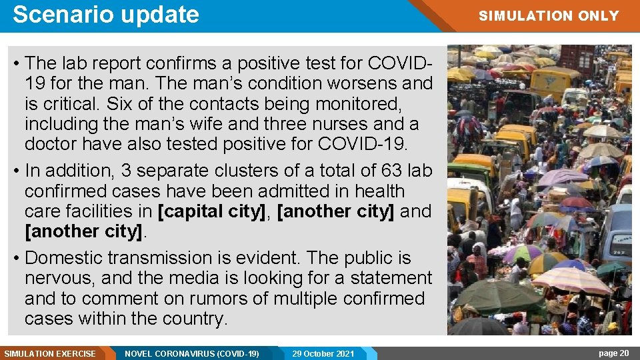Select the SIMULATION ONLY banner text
click(549, 15)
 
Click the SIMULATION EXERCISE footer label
click(50, 353)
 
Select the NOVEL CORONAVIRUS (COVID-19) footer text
click(192, 353)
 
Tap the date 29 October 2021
click(323, 353)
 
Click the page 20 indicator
click(613, 353)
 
